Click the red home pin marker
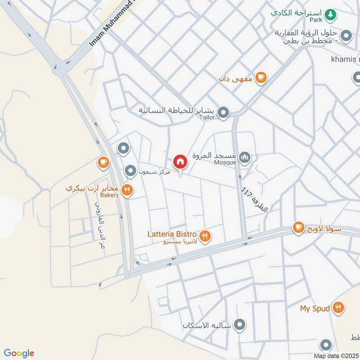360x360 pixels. (x=180, y=162)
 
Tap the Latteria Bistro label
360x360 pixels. (x=172, y=234)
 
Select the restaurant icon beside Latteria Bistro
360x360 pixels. (x=205, y=235)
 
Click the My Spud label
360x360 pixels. (x=315, y=309)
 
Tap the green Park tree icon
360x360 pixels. (x=331, y=14)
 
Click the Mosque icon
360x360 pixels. (x=245, y=157)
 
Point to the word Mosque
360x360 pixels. (x=225, y=162)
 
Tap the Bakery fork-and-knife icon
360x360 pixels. (x=127, y=191)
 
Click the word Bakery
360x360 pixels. (x=109, y=195)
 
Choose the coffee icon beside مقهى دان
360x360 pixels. (x=261, y=78)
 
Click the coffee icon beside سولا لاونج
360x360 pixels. (x=298, y=228)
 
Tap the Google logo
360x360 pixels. (x=19, y=353)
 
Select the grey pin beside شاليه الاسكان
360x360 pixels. (x=240, y=324)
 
